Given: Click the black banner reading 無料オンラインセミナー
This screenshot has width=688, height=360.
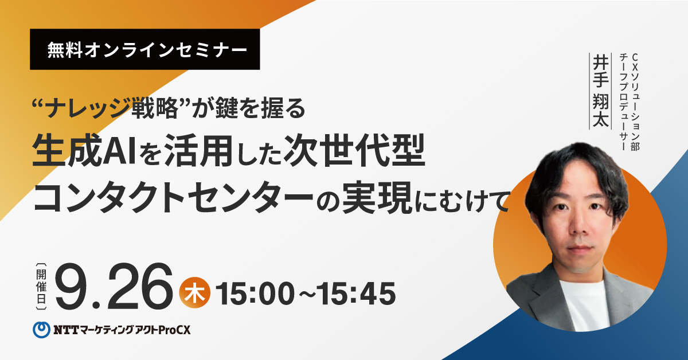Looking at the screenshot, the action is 144,49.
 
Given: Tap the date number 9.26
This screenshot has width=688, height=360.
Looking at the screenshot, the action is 114,286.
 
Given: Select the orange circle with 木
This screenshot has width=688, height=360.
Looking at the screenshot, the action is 195,293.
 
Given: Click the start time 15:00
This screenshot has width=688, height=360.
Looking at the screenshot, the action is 255,294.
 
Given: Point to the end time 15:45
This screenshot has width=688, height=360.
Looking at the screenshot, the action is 356,294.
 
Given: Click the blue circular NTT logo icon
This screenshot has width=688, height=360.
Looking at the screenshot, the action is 41,330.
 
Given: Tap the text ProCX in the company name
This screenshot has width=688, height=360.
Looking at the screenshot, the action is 174,330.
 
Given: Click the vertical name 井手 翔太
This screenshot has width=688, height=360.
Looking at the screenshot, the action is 600,91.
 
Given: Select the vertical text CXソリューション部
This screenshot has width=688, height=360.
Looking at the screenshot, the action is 635,102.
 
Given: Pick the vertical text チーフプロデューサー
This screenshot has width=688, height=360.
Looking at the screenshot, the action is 623,102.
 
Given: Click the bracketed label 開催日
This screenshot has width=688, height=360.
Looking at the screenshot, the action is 41,286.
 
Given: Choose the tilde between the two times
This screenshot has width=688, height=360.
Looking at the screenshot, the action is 306,294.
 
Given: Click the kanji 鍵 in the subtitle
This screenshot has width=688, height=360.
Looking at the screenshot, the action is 226,108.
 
